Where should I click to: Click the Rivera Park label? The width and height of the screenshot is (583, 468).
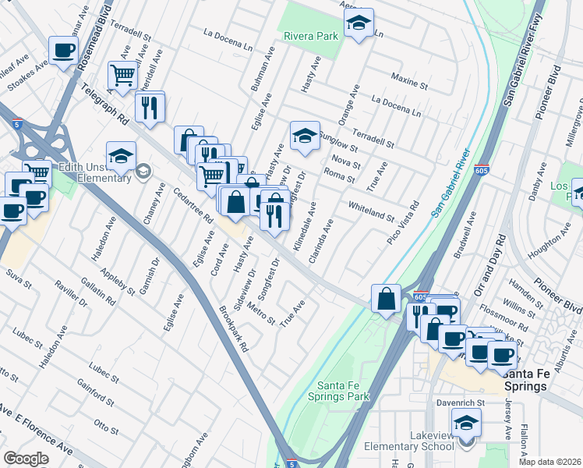pos(311,36)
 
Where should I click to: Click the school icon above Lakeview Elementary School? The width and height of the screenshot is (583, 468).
pos(466,424)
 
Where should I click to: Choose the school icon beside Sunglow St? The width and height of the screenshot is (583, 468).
pos(306,136)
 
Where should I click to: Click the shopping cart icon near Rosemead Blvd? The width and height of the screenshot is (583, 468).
pos(122,75)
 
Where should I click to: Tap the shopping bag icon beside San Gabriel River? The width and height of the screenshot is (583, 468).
pos(387,298)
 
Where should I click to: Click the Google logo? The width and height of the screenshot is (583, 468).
pos(26,458)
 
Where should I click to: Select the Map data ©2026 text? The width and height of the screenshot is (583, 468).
pos(550,462)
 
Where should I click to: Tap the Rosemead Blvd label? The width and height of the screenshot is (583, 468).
pos(104,31)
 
